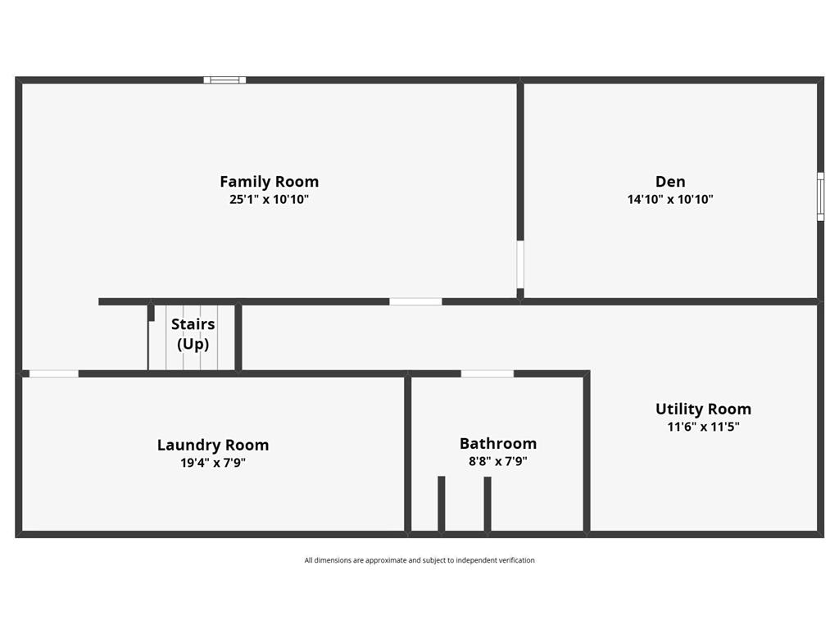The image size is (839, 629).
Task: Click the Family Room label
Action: [x=269, y=182]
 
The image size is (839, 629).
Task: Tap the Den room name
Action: [x=670, y=182]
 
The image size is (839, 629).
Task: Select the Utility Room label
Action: [x=703, y=410]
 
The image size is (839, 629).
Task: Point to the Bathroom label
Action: [x=498, y=444]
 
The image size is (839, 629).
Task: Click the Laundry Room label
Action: [x=213, y=446]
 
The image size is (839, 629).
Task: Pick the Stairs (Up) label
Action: [x=193, y=334]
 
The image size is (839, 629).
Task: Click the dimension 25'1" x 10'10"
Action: [x=269, y=199]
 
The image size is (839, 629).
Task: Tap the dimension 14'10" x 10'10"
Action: [x=670, y=199]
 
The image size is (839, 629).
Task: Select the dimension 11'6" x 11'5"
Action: [x=703, y=427]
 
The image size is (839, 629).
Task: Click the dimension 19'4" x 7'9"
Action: [x=213, y=463]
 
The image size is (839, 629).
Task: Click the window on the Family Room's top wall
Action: [x=224, y=80]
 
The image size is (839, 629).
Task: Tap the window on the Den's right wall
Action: [x=820, y=197]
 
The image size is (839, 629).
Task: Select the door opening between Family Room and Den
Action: [x=520, y=264]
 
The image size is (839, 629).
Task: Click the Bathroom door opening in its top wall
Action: [x=488, y=374]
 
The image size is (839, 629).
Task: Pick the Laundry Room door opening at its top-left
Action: [x=54, y=374]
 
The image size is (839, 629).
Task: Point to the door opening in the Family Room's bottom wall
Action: [x=415, y=302]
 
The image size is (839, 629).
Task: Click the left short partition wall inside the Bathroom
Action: [x=442, y=504]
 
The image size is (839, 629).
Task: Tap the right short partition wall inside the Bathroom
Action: [x=488, y=504]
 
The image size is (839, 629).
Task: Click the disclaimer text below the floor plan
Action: [x=419, y=561]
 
